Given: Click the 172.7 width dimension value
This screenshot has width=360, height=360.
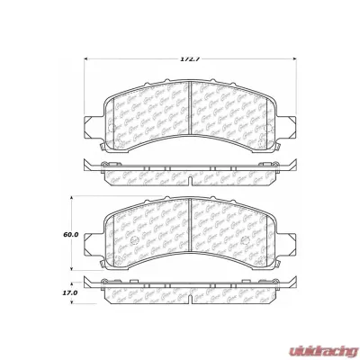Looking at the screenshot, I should click(x=187, y=59).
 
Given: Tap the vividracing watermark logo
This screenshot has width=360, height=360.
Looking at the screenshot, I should click(x=320, y=344).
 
